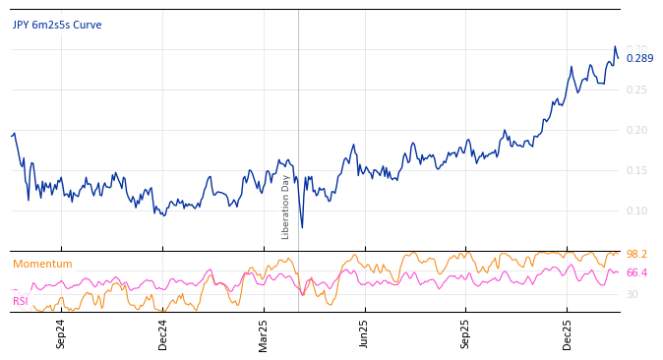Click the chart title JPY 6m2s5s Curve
(x=57, y=26)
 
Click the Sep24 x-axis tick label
(x=61, y=333)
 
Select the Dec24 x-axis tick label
(x=163, y=333)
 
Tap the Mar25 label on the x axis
(x=264, y=333)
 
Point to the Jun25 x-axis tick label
(x=365, y=333)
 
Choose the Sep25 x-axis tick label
(x=466, y=333)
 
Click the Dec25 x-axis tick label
(x=568, y=333)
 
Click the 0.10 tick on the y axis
(x=637, y=210)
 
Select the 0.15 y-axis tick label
(x=637, y=170)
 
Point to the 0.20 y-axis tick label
(x=637, y=130)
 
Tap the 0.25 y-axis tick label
(x=637, y=90)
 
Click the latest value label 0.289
(x=639, y=58)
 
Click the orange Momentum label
(x=42, y=265)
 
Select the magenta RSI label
(x=20, y=301)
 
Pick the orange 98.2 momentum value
(x=636, y=255)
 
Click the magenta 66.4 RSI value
(x=636, y=273)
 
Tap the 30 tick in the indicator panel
(x=633, y=294)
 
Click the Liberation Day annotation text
(x=286, y=207)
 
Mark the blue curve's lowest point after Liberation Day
(x=302, y=227)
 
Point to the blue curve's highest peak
(x=615, y=46)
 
